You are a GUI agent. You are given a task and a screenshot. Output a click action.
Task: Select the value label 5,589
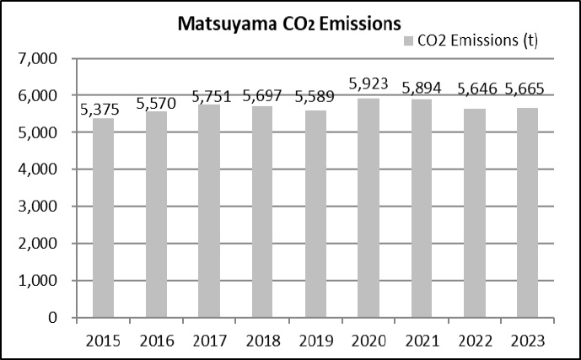point(315,98)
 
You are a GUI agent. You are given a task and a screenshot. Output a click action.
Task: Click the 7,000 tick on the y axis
point(36,59)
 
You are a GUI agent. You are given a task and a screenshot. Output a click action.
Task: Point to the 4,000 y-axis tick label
point(36,169)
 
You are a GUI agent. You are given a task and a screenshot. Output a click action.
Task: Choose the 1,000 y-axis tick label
point(36,281)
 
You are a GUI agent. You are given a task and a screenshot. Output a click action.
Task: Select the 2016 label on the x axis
point(156,341)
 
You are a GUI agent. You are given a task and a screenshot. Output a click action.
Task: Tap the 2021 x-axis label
point(421,341)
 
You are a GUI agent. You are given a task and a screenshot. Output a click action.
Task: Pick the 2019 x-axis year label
point(315,341)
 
